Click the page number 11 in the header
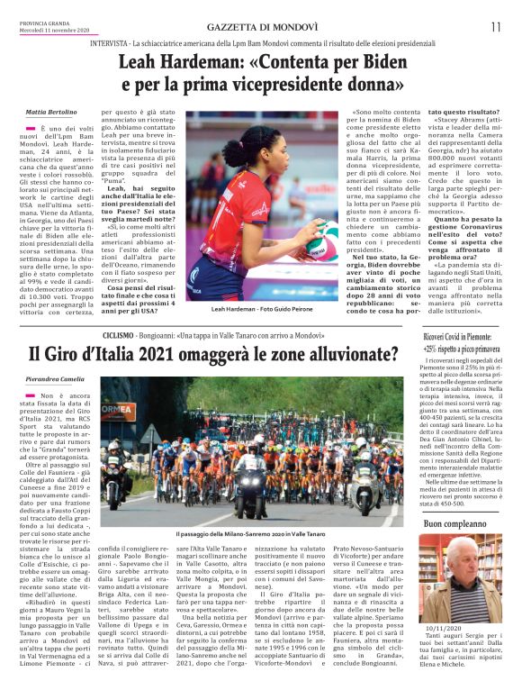(x=496, y=26)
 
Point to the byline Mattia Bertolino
(x=51, y=112)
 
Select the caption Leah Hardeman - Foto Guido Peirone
(x=261, y=308)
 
